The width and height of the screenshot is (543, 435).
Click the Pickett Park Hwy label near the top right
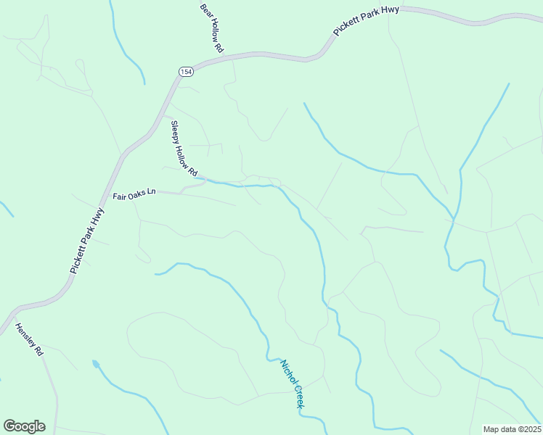pos(367,20)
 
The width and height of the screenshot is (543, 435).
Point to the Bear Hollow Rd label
pos(211,27)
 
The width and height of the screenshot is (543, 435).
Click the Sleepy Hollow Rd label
pos(184,148)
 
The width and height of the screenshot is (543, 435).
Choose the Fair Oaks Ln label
pos(134,194)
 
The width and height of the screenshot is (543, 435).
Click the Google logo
pos(24,426)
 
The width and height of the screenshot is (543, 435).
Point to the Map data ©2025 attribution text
pos(512,429)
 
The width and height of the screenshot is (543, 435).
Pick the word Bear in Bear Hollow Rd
pos(205,10)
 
